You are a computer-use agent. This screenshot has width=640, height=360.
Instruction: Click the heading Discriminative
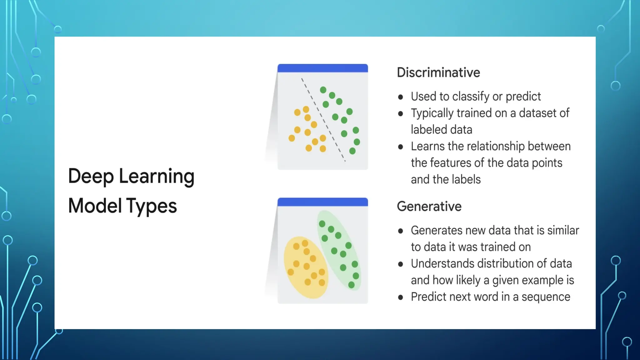(x=438, y=72)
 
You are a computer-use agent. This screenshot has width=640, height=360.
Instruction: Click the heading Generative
(x=429, y=207)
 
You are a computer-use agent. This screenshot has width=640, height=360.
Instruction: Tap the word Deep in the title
(x=91, y=176)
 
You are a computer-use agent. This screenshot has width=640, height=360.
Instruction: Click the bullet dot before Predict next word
(x=401, y=297)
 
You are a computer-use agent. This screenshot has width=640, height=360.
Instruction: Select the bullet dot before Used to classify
(x=401, y=97)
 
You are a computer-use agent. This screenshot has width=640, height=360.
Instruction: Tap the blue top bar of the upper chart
(x=322, y=68)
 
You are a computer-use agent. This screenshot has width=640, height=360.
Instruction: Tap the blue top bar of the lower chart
(x=322, y=202)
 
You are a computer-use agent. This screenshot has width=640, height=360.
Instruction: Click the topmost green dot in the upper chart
(x=323, y=90)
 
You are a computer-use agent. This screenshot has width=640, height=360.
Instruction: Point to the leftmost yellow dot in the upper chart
(x=292, y=138)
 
